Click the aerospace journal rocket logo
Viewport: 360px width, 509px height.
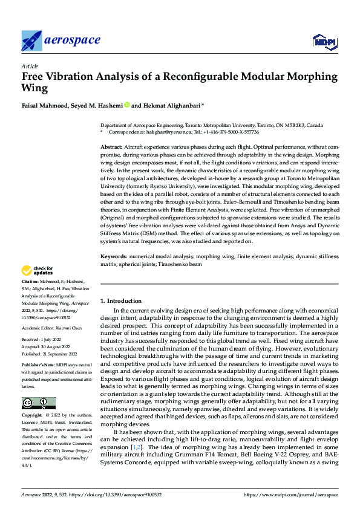[31, 41]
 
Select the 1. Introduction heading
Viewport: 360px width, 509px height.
[121, 300]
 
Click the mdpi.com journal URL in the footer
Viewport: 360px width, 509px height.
[291, 495]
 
